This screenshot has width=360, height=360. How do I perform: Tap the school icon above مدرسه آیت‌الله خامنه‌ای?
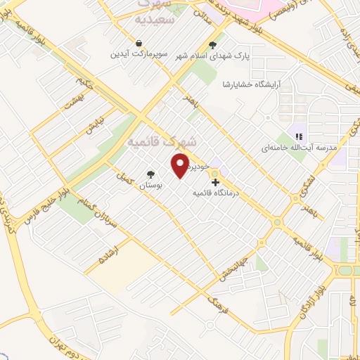point(300,136)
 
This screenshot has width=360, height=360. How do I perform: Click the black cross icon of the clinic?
point(214,181)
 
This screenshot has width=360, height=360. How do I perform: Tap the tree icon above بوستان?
point(150,174)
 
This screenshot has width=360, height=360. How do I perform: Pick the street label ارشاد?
point(105,255)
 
